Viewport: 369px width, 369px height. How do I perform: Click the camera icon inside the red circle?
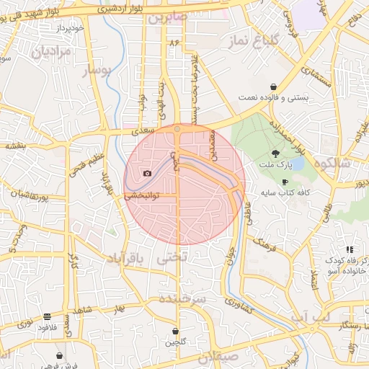coord(148,173)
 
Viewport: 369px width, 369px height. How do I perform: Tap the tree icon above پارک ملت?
coord(275,153)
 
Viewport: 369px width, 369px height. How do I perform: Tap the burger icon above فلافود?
coord(47,316)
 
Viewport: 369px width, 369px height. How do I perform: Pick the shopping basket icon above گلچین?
coord(175,331)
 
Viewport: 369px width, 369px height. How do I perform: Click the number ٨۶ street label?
coord(173,43)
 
